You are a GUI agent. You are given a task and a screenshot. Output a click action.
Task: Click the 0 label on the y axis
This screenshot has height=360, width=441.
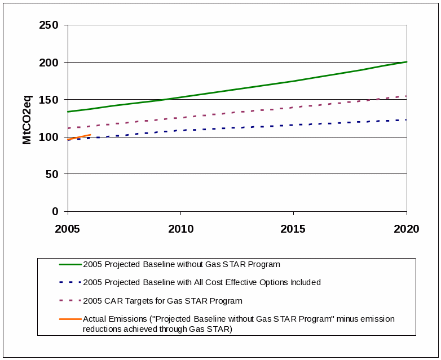(55, 211)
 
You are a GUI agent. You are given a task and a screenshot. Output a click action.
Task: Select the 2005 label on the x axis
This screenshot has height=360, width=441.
(68, 229)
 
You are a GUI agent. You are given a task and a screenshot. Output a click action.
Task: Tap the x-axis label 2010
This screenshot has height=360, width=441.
(180, 229)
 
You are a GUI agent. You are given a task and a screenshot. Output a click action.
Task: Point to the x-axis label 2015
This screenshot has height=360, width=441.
(293, 229)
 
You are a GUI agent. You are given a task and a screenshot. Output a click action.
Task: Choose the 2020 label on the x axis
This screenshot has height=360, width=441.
(406, 229)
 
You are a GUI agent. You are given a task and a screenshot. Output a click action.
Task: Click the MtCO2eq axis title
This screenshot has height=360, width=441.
(27, 119)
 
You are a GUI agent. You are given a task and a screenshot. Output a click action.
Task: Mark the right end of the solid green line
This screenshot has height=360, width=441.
(406, 62)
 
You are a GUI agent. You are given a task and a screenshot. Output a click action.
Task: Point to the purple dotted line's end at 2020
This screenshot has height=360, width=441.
(406, 96)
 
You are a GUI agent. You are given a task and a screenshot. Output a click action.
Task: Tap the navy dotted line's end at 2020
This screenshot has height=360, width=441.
(406, 119)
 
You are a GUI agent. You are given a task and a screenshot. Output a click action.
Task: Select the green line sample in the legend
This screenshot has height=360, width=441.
(70, 264)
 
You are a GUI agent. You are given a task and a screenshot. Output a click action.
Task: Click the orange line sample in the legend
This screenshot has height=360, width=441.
(70, 319)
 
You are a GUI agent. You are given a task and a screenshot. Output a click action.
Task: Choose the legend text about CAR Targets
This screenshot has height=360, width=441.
(162, 301)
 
